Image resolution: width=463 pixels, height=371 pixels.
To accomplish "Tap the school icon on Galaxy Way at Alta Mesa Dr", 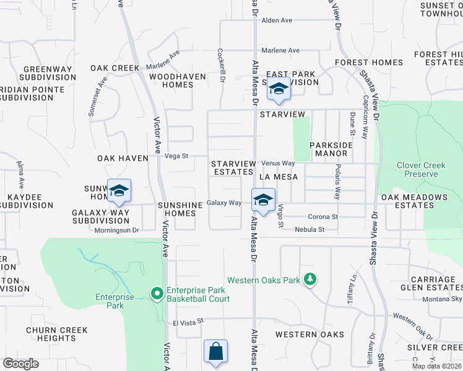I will (x=263, y=200).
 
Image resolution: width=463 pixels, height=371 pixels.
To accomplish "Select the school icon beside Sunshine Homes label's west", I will (x=119, y=190).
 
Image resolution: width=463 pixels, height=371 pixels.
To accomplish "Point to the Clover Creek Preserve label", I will (x=421, y=169).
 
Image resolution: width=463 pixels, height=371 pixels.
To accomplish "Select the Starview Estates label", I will (x=233, y=168).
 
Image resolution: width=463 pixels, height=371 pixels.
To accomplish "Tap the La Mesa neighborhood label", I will (x=279, y=177).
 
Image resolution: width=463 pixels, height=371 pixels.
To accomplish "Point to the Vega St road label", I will (x=176, y=156).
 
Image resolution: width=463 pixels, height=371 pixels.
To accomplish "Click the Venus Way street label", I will (x=278, y=163).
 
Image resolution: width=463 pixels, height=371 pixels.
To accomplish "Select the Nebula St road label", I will (x=313, y=229).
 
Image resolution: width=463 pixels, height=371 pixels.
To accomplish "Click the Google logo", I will (x=20, y=364).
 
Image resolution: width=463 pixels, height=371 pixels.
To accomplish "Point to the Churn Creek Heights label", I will (x=51, y=334).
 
